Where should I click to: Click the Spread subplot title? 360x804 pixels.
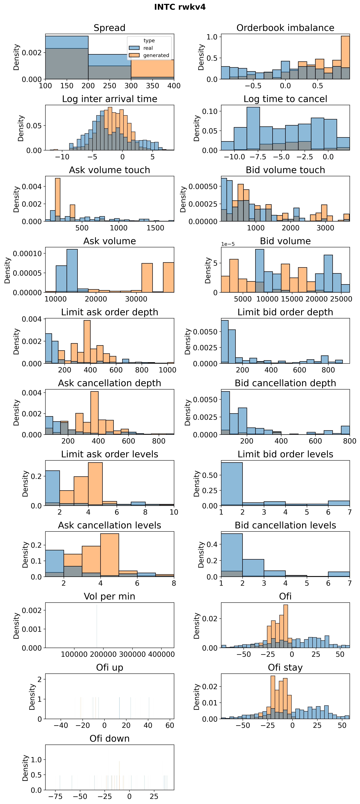coord(109,28)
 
